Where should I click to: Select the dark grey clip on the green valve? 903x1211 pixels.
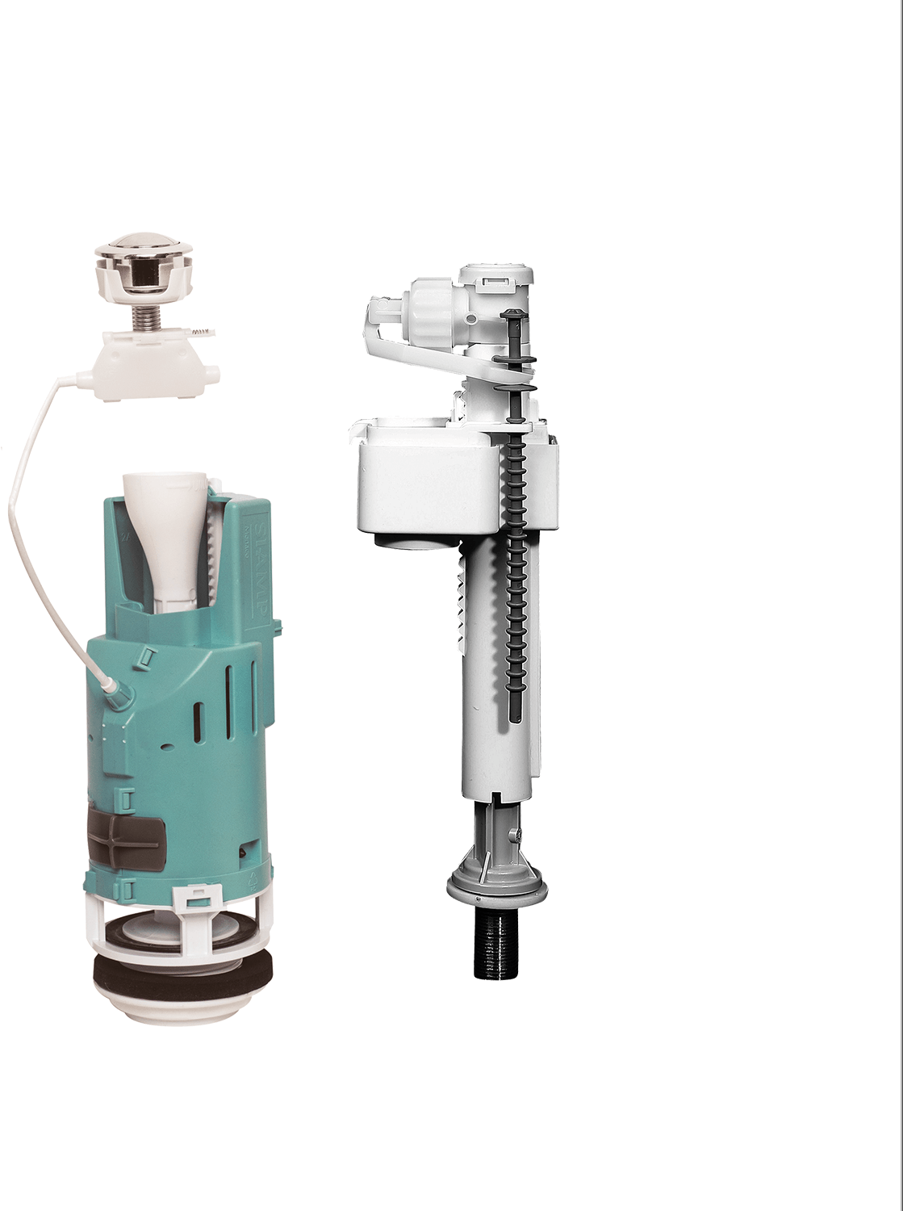click(125, 840)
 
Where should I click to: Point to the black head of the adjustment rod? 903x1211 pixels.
click(509, 314)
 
